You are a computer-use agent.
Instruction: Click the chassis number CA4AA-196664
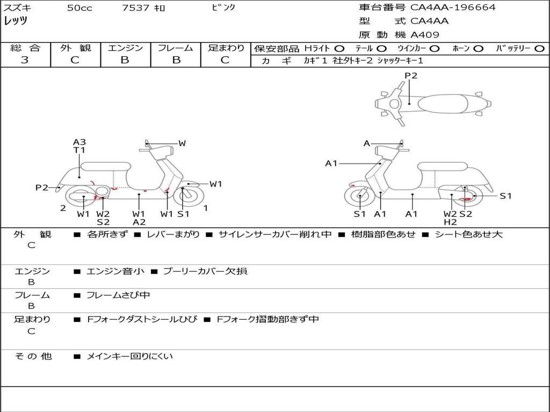tap(453, 8)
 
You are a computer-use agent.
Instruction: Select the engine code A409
tap(424, 35)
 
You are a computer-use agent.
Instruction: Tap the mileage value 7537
tap(136, 8)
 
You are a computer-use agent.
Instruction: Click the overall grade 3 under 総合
tap(25, 60)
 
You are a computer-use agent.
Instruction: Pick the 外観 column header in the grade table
tap(75, 48)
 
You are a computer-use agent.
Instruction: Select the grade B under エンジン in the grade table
tap(125, 60)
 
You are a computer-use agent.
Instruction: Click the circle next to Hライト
tap(339, 49)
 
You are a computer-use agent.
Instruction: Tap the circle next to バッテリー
tap(539, 49)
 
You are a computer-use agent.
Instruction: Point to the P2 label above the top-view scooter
tap(411, 75)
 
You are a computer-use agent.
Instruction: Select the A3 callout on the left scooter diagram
tap(79, 142)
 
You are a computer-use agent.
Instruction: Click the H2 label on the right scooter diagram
tap(451, 222)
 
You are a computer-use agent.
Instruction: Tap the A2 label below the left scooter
tap(139, 222)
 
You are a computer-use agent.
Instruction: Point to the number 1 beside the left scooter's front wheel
tap(206, 208)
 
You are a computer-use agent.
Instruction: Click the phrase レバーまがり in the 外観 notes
tap(173, 234)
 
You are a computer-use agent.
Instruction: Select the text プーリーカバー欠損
tap(206, 271)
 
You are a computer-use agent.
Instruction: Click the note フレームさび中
tap(118, 296)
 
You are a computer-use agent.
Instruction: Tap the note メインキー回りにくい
tap(130, 357)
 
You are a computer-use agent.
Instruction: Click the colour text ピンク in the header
tap(223, 8)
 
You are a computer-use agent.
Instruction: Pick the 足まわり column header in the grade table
tap(226, 48)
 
